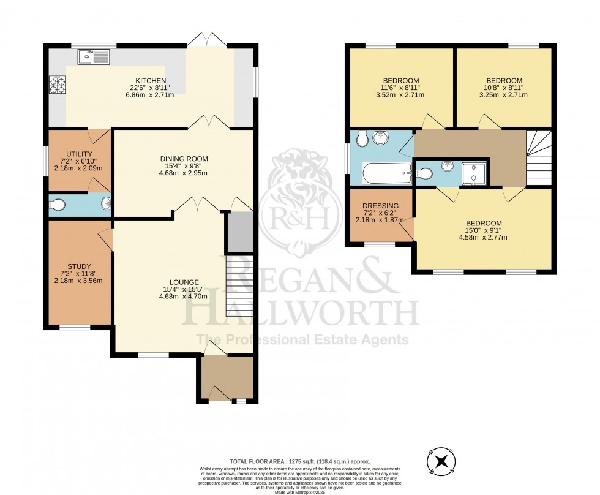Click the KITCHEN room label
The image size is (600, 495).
[x=151, y=81]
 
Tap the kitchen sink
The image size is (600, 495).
[x=93, y=57]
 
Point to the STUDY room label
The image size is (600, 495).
[x=79, y=266]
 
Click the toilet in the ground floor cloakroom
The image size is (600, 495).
[x=58, y=205]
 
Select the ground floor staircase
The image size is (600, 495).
[x=239, y=285]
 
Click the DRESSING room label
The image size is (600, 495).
[x=381, y=206]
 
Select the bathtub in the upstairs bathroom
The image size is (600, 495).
[x=386, y=173]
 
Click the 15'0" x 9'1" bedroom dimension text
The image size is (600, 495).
[x=484, y=230]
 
